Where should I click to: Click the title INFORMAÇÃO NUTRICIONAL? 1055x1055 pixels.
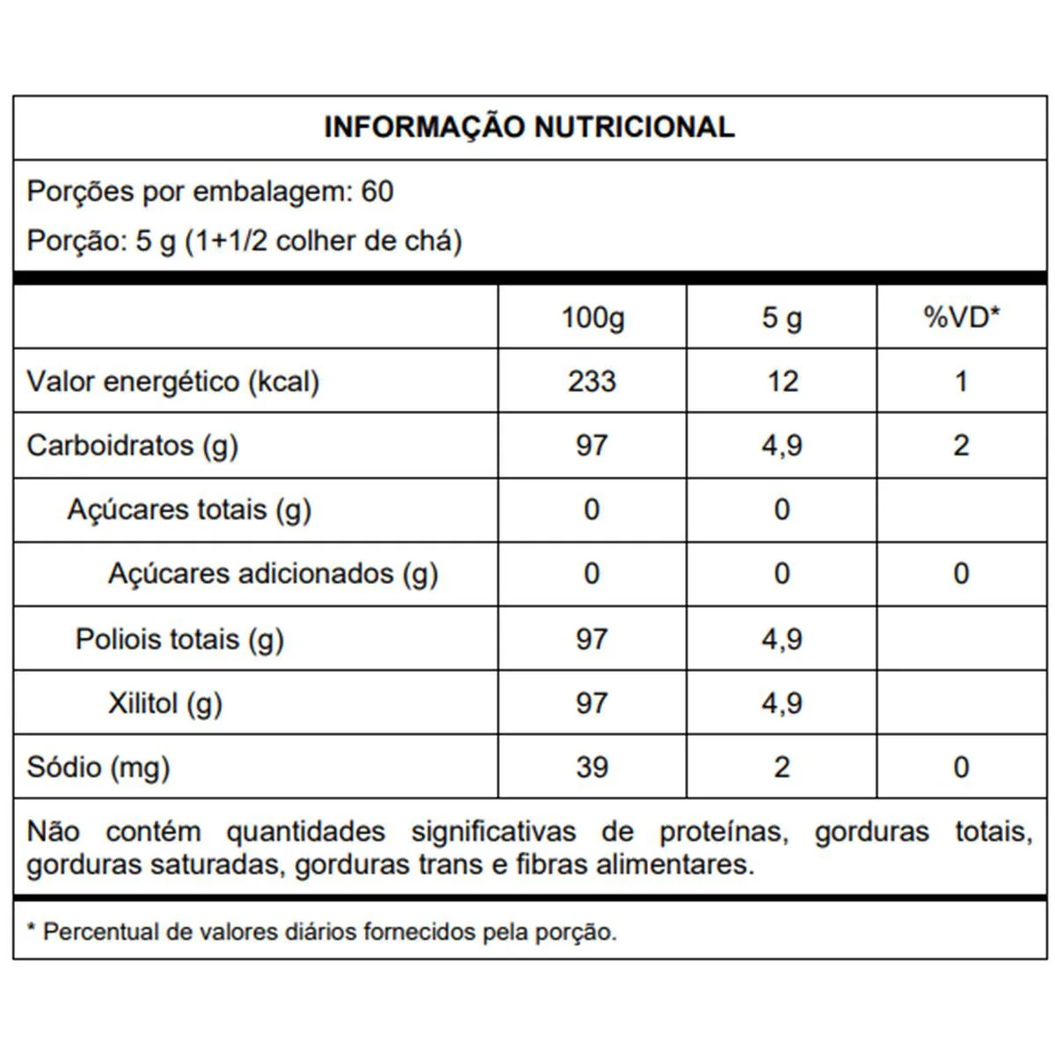(x=528, y=127)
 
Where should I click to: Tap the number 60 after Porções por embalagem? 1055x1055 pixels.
(x=377, y=192)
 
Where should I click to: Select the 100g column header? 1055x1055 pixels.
(x=593, y=317)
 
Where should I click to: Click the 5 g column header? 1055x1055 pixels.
(x=782, y=317)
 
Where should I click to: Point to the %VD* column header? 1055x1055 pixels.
(x=962, y=317)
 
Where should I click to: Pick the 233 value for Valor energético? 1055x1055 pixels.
(x=592, y=382)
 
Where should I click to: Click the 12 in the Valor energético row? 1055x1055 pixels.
(x=782, y=382)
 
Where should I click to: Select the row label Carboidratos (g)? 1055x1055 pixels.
(x=133, y=446)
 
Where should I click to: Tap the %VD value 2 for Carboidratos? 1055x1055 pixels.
(x=961, y=446)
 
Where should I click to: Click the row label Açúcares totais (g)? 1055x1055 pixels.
(x=189, y=510)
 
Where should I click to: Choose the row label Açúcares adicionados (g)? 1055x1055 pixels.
(x=273, y=574)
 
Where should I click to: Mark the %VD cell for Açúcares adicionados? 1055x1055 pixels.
(x=961, y=574)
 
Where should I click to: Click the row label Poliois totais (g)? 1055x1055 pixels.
(x=179, y=639)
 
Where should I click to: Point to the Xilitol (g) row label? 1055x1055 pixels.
(x=164, y=703)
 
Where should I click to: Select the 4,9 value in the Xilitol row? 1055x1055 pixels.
(x=782, y=703)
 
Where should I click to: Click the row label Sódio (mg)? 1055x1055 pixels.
(x=98, y=768)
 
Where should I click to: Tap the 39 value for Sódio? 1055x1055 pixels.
(x=592, y=768)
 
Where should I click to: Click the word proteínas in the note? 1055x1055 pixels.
(x=723, y=832)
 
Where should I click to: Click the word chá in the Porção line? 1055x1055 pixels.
(x=436, y=241)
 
